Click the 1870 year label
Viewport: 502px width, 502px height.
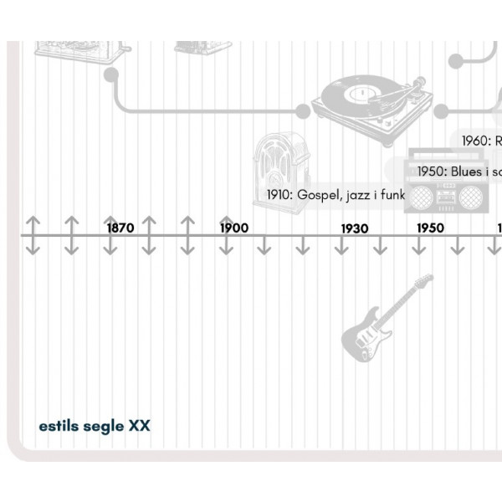(120, 227)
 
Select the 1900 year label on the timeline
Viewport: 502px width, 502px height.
(234, 227)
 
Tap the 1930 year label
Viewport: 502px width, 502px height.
(354, 228)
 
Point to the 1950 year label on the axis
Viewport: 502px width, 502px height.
(430, 228)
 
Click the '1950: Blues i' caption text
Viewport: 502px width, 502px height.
(459, 172)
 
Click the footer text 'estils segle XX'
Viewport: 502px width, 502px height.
(95, 426)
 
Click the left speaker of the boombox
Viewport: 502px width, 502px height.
(420, 197)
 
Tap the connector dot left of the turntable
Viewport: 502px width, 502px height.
(303, 110)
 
